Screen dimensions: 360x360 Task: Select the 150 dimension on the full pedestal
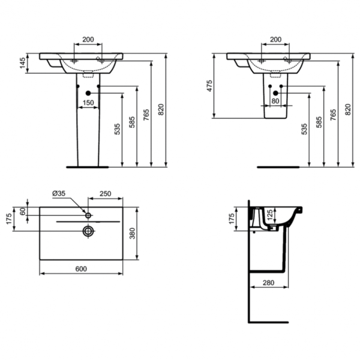coord(88,103)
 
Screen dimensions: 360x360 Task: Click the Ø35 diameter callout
coord(59,194)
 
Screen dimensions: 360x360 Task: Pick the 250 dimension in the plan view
coord(104,194)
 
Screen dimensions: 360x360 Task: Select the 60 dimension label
coord(23,211)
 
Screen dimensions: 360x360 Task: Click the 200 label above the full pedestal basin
coord(88,40)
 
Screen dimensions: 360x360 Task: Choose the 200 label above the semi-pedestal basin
coord(275,40)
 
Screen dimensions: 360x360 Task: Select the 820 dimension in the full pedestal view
coord(161,109)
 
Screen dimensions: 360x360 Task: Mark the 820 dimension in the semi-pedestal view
coord(348,109)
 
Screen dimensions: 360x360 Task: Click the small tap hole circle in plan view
coord(88,215)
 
